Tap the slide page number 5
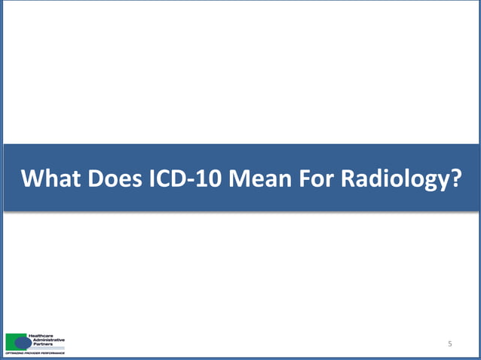pyautogui.click(x=449, y=344)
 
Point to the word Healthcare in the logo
pyautogui.click(x=41, y=335)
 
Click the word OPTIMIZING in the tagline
pyautogui.click(x=13, y=352)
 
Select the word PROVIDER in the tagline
pyautogui.click(x=32, y=352)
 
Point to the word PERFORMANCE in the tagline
pyautogui.click(x=53, y=352)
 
